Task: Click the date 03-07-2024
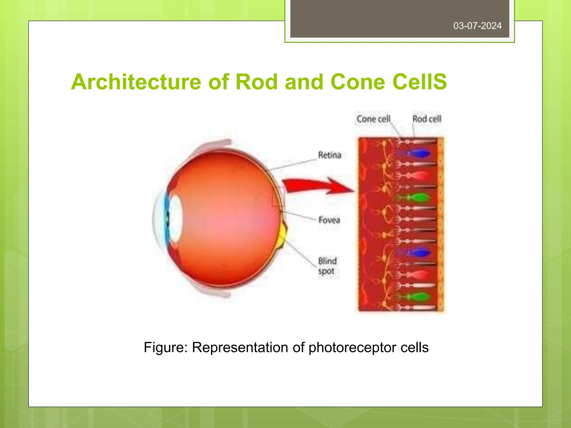click(x=477, y=26)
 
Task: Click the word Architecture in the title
click(x=136, y=82)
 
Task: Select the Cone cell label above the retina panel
click(x=373, y=119)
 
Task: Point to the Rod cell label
click(x=427, y=119)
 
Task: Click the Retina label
click(x=330, y=155)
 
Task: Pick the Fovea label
click(x=329, y=220)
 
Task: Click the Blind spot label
click(x=327, y=266)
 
